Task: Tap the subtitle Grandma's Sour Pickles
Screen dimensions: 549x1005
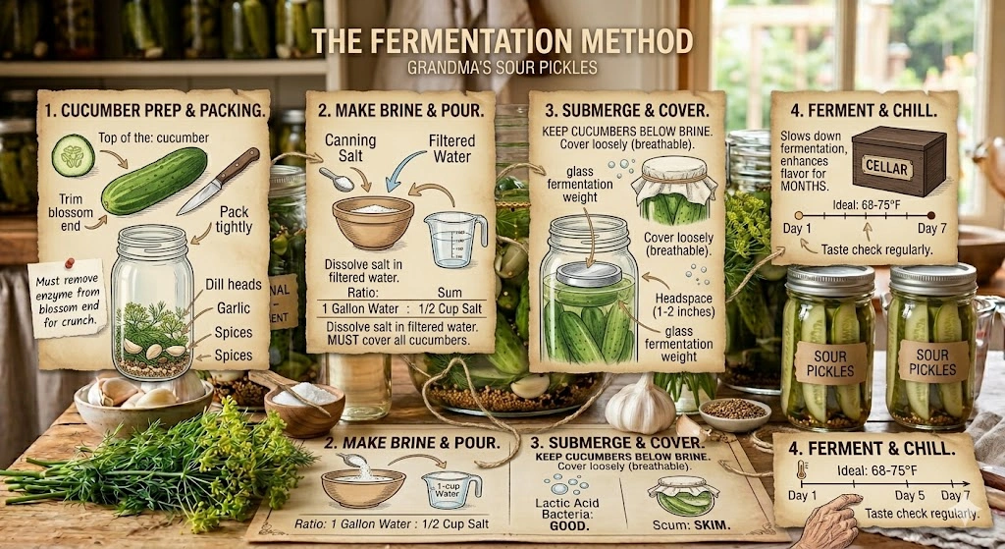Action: [502, 71]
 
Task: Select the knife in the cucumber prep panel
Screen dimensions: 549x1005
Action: [218, 182]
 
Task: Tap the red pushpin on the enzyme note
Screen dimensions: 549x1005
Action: [70, 263]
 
